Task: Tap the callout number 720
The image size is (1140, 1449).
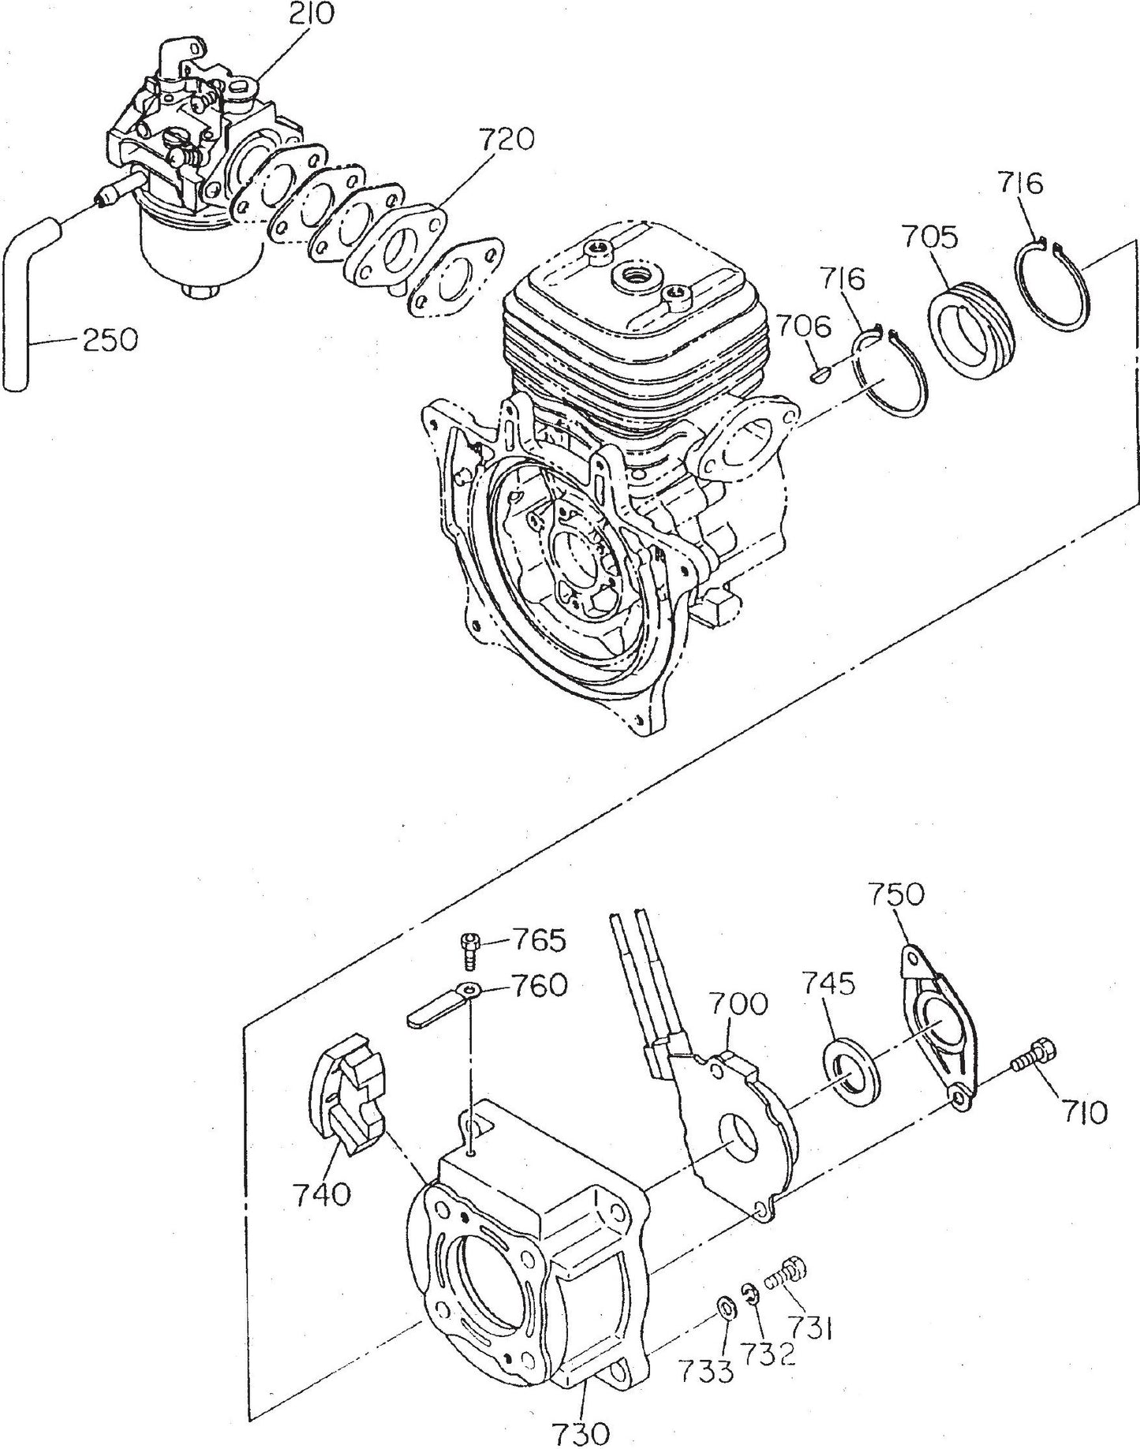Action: coord(505,140)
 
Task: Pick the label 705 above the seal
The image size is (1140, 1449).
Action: coord(930,237)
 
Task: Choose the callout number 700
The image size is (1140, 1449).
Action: coord(738,1004)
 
